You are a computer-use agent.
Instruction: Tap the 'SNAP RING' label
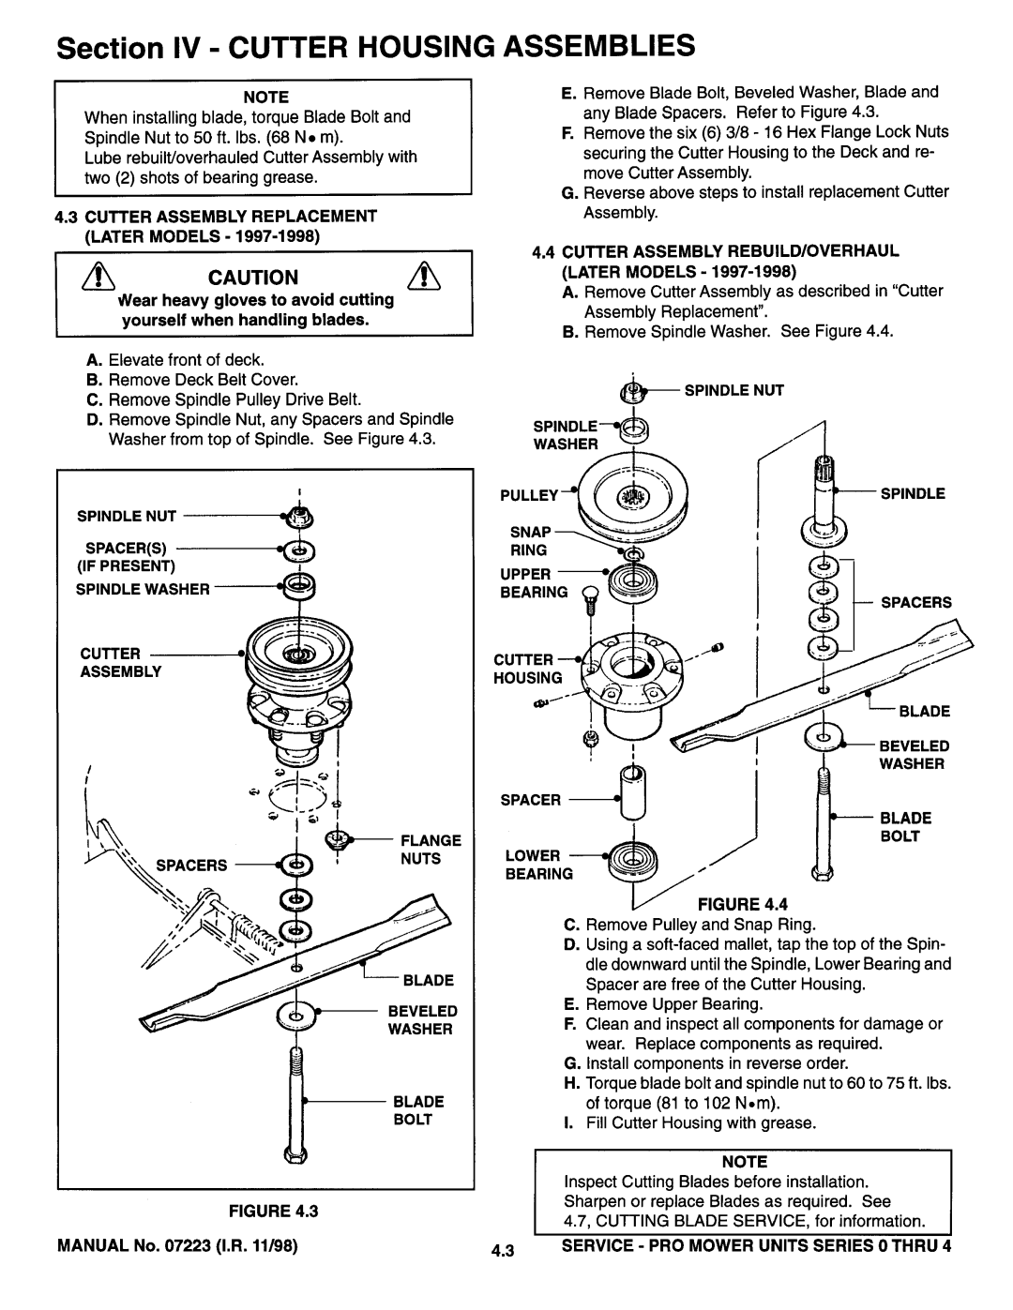tap(528, 538)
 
